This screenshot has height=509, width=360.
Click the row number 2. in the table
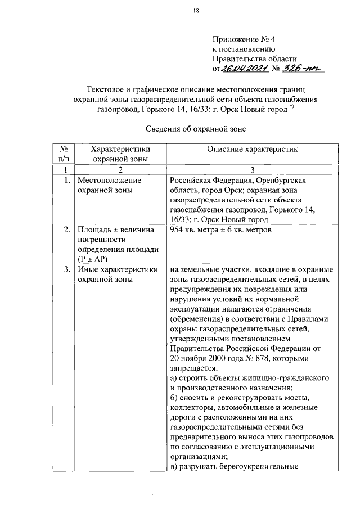pyautogui.click(x=66, y=229)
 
